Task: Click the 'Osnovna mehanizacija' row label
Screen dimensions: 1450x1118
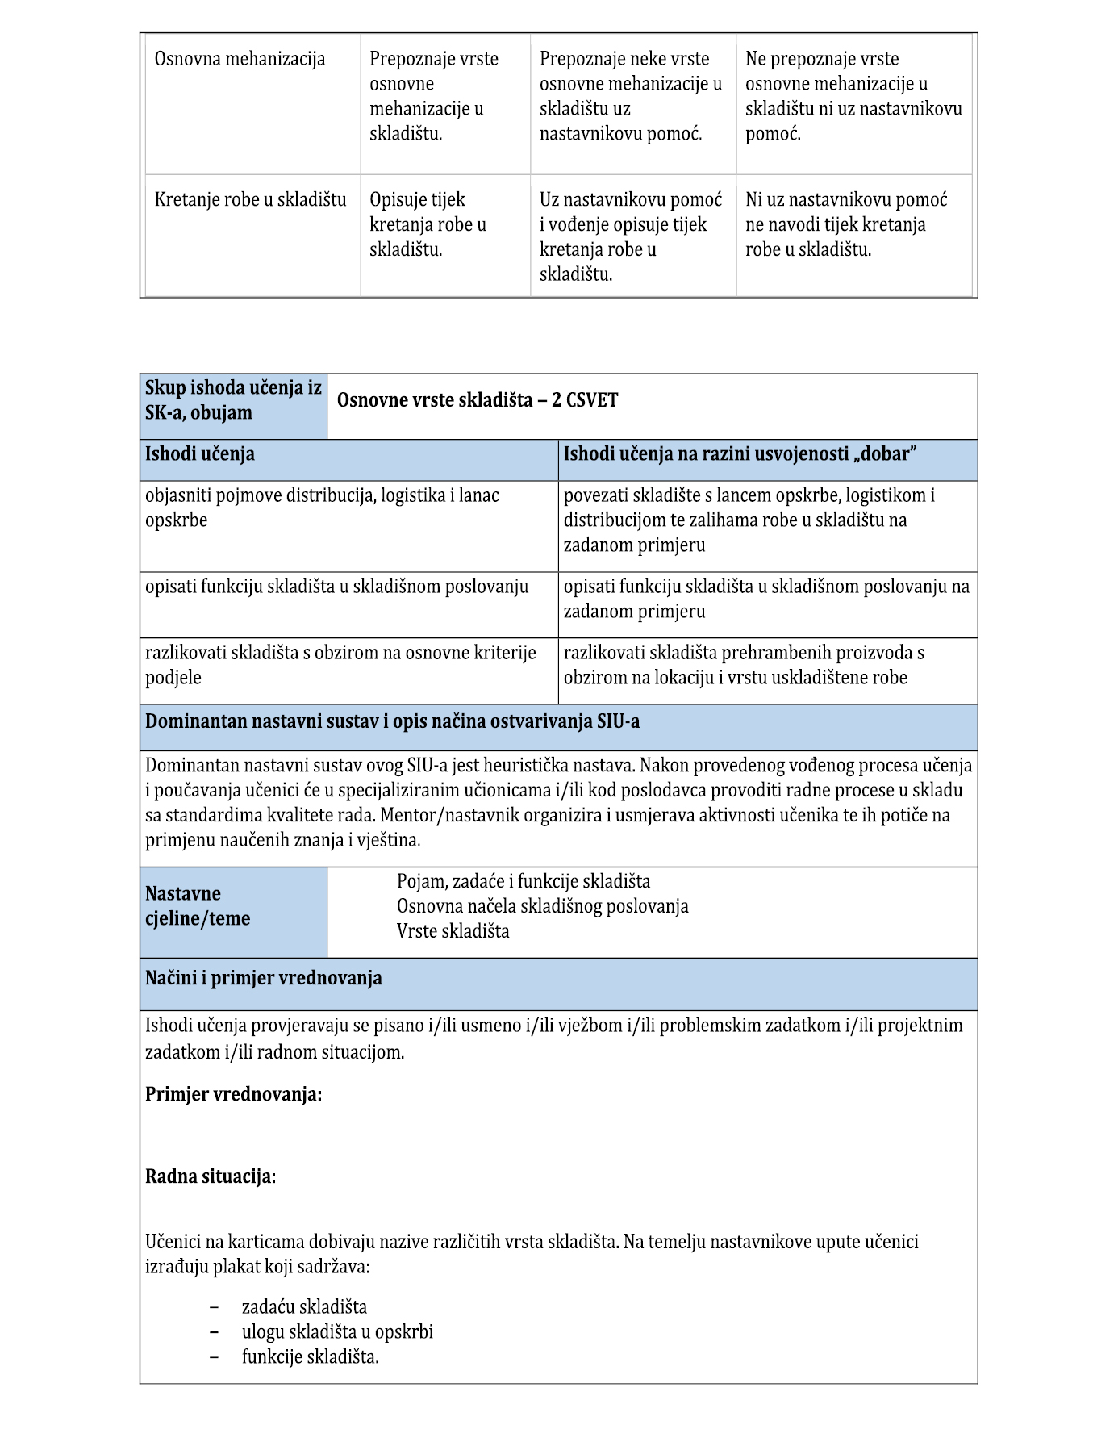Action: pos(240,59)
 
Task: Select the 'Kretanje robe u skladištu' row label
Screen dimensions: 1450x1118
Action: pos(250,199)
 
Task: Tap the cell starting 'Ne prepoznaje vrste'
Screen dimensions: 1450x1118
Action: pos(853,95)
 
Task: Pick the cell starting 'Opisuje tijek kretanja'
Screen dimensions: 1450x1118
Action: pos(428,224)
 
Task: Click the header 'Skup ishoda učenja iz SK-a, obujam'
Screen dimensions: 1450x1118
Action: pos(233,400)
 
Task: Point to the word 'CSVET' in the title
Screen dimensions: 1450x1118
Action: pos(592,400)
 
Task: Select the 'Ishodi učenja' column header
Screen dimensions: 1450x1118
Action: pos(200,453)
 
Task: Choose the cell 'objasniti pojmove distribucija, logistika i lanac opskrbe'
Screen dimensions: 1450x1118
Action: pos(323,508)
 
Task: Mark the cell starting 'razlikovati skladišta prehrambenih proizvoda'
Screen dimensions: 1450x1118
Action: pos(744,665)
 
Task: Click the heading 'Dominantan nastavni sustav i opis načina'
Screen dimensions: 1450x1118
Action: pos(392,721)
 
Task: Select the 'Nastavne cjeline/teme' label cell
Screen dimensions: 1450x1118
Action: pos(198,906)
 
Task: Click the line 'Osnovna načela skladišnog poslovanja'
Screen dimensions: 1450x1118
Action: pos(542,906)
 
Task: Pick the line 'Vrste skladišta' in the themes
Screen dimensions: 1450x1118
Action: pos(453,931)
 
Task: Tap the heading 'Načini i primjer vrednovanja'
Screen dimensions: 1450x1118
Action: pos(264,979)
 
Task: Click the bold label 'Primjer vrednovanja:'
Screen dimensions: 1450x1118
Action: pos(234,1094)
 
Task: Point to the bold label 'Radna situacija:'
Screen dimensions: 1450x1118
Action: pos(211,1176)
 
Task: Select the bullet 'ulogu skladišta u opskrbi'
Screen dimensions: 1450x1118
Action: pos(337,1331)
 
